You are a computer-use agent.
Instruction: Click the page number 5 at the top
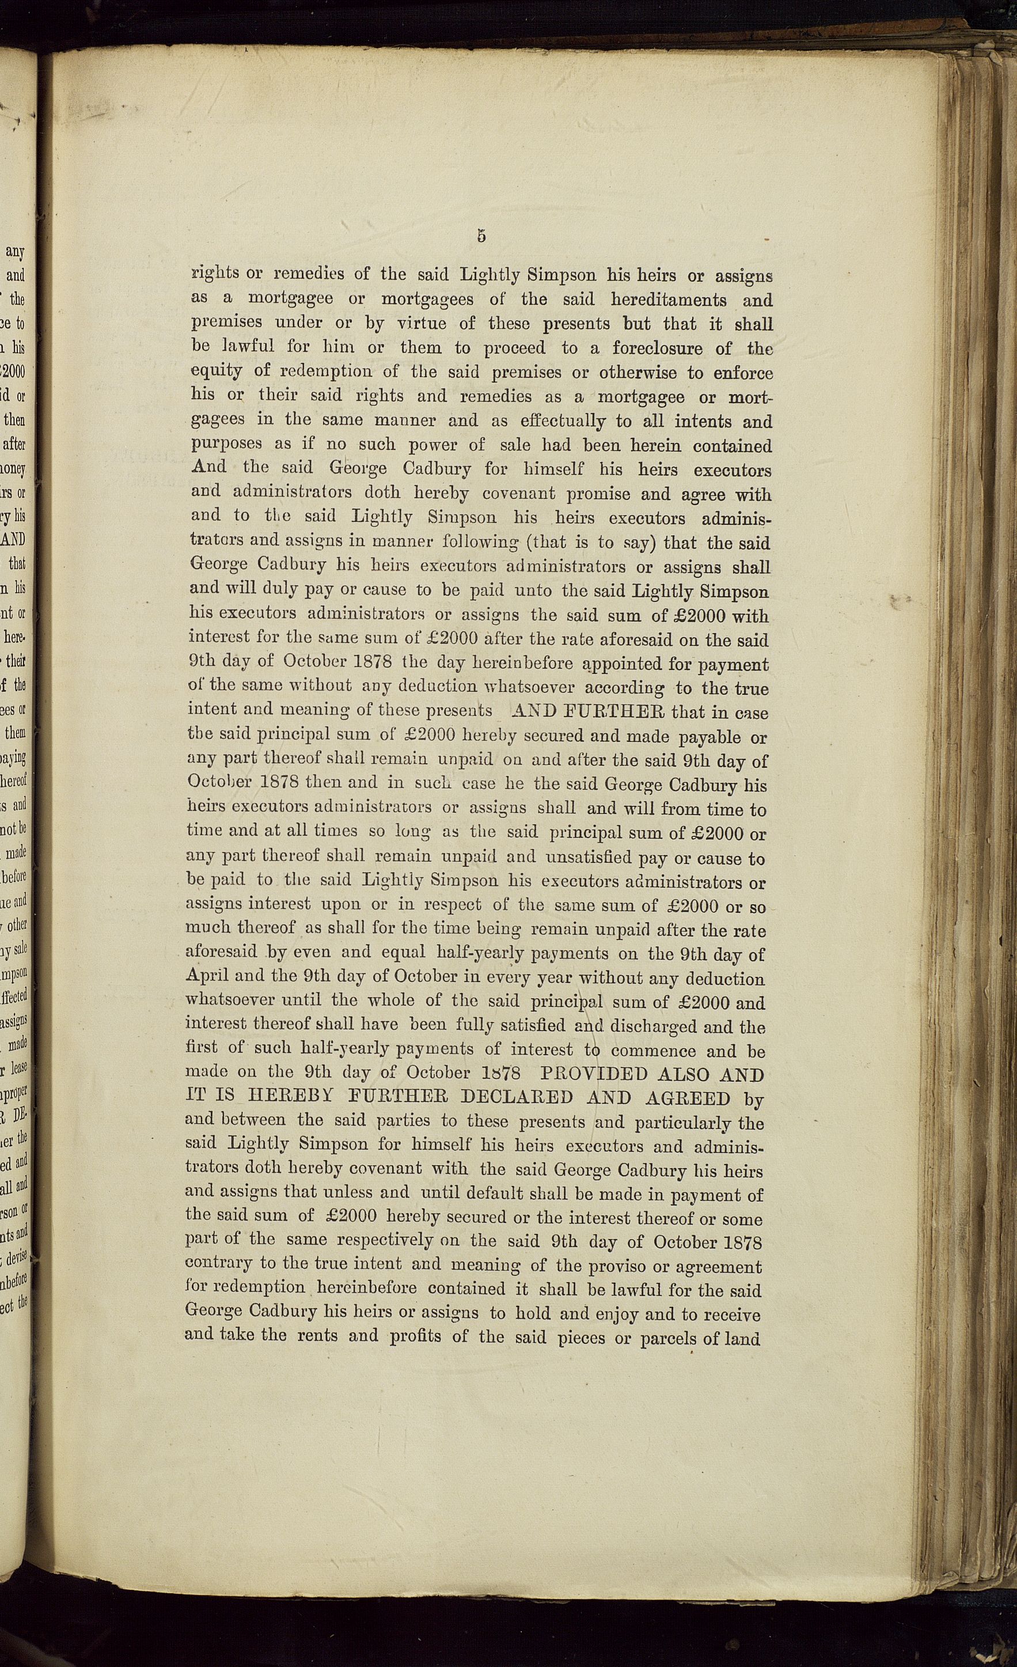pyautogui.click(x=481, y=236)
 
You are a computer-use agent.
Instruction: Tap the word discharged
pyautogui.click(x=653, y=1026)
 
